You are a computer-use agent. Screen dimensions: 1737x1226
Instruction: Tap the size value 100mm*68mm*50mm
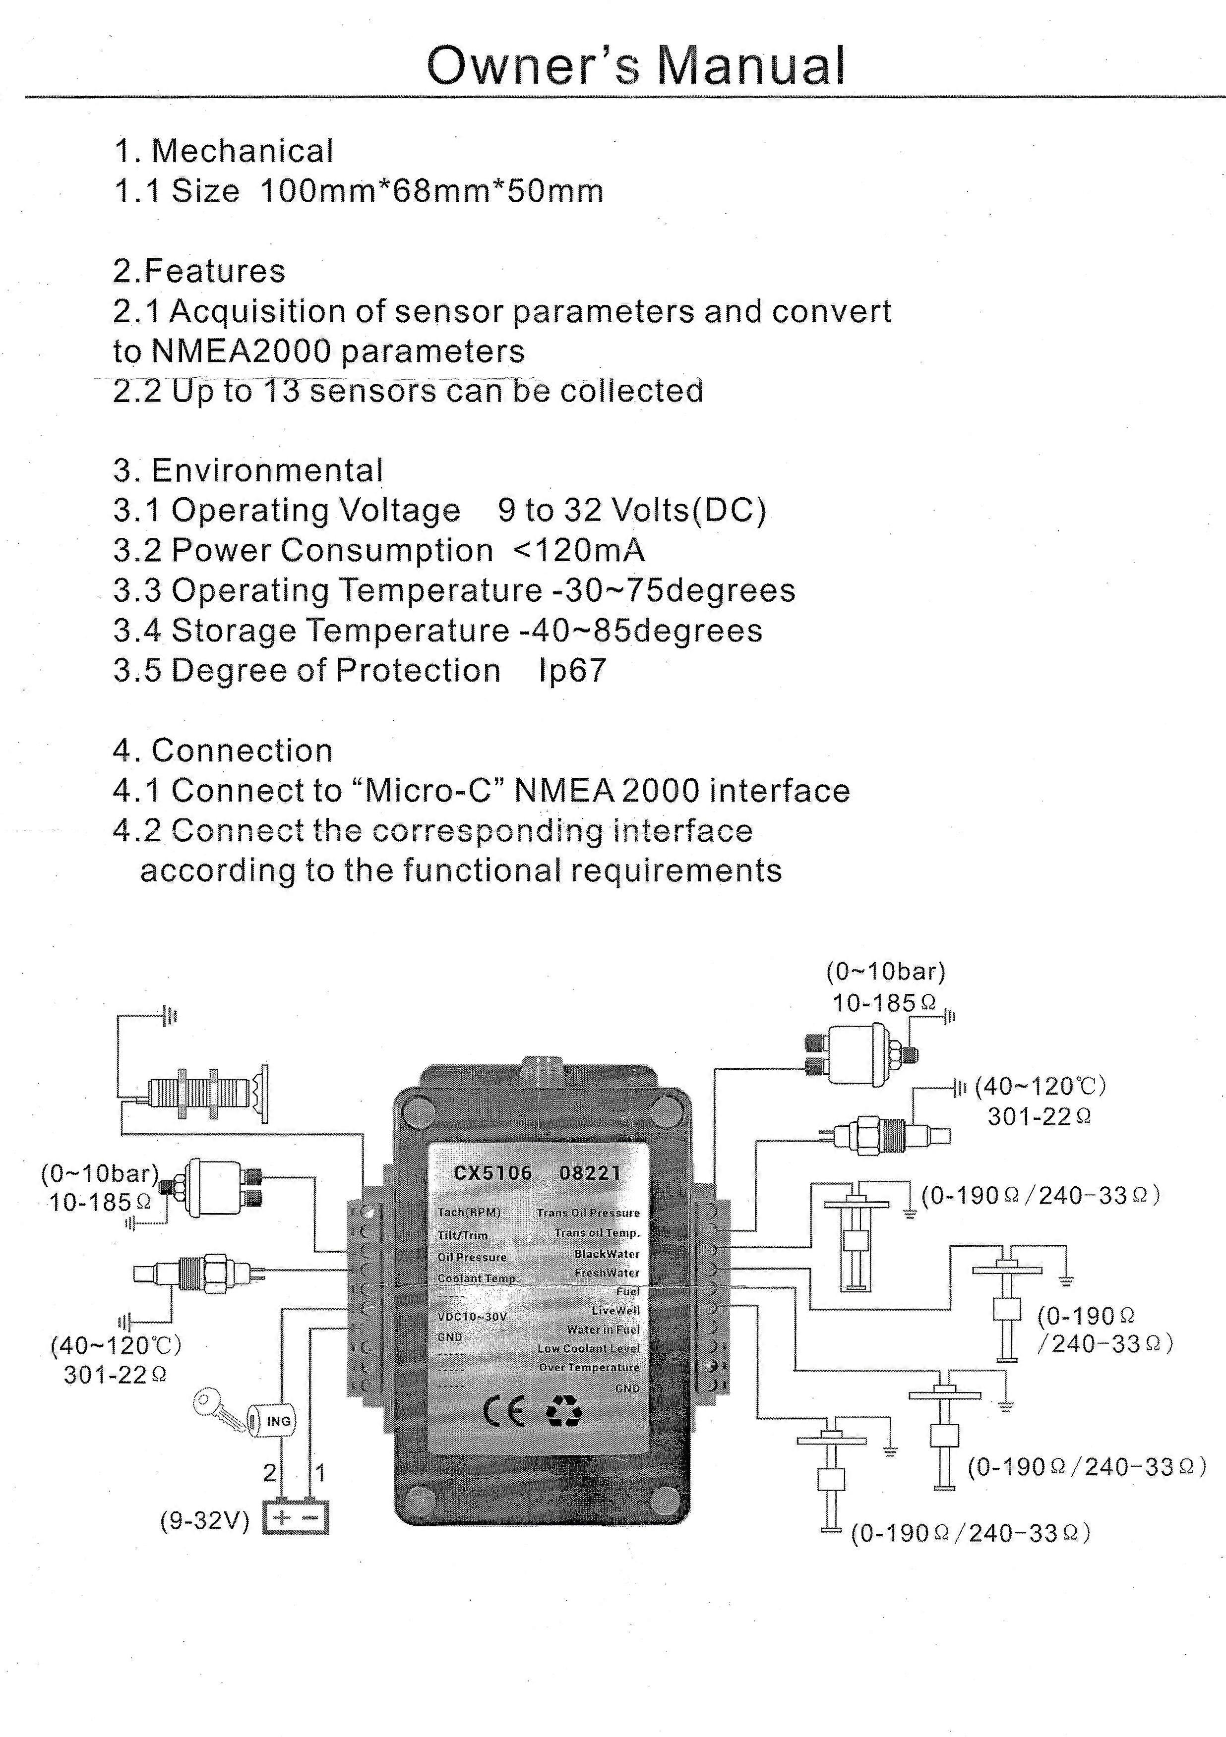click(431, 191)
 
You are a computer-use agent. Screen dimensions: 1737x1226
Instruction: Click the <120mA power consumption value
click(579, 550)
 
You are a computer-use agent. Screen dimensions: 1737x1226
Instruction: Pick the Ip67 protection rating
click(572, 670)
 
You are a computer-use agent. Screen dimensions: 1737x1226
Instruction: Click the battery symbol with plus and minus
click(295, 1517)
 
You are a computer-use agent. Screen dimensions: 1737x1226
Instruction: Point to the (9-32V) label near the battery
click(204, 1520)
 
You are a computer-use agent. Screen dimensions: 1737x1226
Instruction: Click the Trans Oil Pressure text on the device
click(588, 1213)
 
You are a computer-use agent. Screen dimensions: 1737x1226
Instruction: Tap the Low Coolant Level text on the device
click(588, 1348)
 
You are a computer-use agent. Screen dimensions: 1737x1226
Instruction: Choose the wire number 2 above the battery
click(269, 1473)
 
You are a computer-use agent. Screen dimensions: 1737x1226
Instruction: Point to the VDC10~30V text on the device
click(472, 1316)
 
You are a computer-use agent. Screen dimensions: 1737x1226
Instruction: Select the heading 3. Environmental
click(248, 470)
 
